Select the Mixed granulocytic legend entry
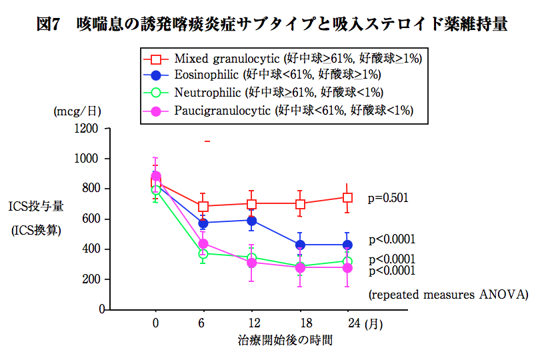click(293, 59)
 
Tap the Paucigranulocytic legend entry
click(293, 110)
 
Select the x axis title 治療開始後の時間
click(285, 340)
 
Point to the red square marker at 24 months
click(347, 197)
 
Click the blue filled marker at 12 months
click(251, 220)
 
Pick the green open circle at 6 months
click(203, 254)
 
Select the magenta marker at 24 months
click(347, 267)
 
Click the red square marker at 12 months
click(251, 203)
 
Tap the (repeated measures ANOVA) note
click(448, 293)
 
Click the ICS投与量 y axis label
click(36, 207)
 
